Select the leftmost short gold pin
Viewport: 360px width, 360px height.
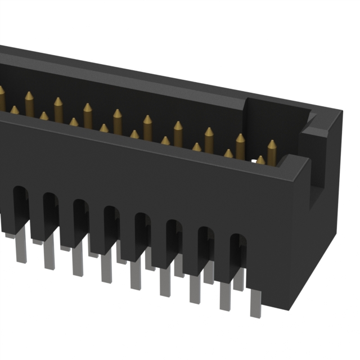[14, 110]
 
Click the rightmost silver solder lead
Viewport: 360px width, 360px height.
[255, 304]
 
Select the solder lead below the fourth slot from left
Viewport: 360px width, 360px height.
[106, 269]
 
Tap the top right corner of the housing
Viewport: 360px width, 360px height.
[340, 112]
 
